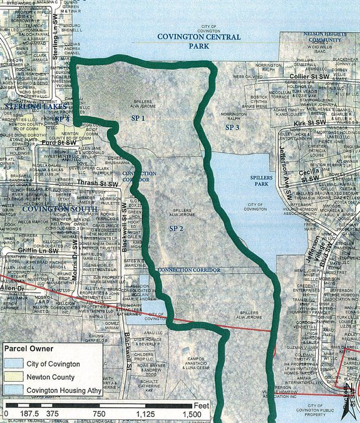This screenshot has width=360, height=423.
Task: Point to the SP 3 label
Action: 232,127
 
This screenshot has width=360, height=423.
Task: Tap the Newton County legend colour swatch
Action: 17,377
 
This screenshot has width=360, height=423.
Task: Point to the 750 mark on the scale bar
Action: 100,414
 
